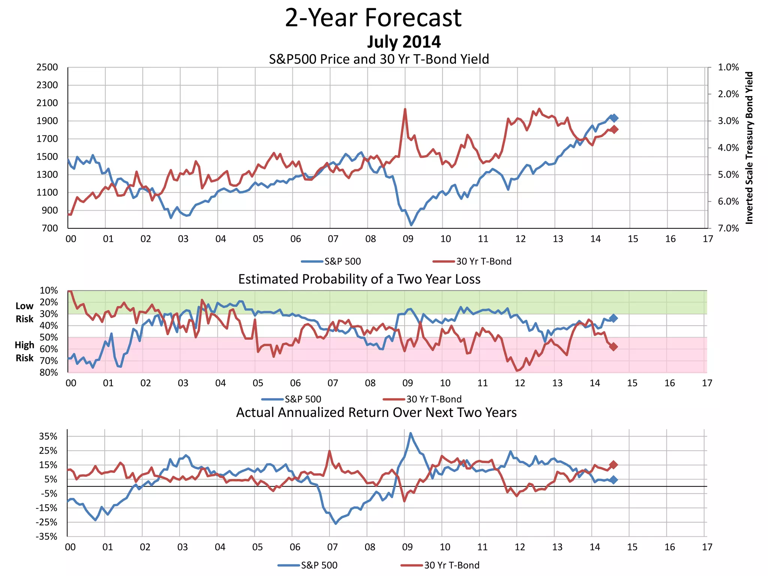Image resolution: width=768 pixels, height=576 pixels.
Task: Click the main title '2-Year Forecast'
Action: tap(373, 18)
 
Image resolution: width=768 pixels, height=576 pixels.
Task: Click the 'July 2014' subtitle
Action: tap(403, 42)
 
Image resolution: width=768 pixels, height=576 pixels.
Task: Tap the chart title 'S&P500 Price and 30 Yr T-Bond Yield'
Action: tap(379, 59)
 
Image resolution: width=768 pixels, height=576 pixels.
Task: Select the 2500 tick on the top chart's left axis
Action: tap(47, 67)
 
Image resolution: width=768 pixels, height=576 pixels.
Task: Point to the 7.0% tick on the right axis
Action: tap(728, 228)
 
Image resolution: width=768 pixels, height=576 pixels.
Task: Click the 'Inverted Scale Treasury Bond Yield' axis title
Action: tap(749, 148)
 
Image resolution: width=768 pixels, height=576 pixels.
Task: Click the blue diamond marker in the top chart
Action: tap(614, 118)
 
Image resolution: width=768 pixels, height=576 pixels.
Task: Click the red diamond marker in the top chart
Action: tap(614, 129)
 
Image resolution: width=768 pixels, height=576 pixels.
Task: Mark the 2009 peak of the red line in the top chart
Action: tap(405, 109)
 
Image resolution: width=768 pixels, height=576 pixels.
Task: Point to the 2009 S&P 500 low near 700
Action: tap(411, 225)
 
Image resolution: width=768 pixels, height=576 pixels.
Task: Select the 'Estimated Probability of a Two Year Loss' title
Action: tap(359, 279)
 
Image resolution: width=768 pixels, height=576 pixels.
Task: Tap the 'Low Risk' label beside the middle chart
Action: tap(24, 312)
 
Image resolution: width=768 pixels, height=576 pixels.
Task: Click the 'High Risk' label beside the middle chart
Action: tap(24, 351)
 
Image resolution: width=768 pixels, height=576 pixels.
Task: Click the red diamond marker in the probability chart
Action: tap(613, 347)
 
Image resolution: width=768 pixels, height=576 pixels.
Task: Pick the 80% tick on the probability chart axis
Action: tap(49, 372)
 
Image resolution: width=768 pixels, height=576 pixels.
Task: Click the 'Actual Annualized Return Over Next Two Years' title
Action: tap(376, 412)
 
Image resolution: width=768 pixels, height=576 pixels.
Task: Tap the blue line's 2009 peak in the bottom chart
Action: tap(410, 433)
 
